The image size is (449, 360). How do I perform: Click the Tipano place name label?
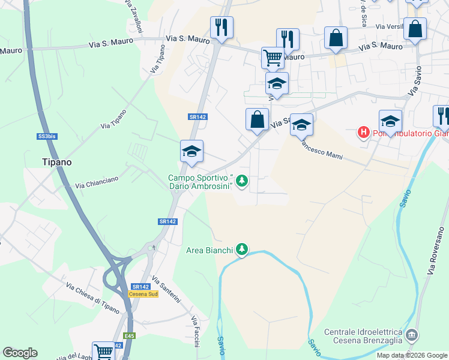[56, 162]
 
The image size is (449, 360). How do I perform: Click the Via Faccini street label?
[195, 329]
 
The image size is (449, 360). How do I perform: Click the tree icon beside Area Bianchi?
[241, 248]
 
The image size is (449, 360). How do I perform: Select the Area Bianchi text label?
[209, 250]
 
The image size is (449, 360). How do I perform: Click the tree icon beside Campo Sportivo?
[241, 180]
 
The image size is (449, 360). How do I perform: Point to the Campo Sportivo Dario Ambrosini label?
[200, 182]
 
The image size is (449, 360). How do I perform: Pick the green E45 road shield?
[129, 335]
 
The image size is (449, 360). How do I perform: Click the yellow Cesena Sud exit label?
[143, 294]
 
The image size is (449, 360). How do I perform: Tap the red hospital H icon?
[363, 132]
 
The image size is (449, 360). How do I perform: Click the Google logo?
[20, 353]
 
